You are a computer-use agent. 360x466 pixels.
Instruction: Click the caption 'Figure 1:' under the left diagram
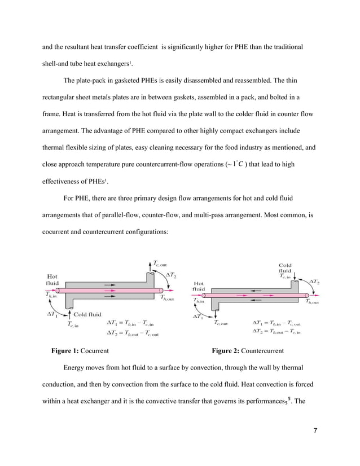pos(65,351)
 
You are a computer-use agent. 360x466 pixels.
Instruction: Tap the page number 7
pos(315,432)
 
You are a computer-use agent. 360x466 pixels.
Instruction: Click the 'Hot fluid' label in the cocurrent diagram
pos(55,280)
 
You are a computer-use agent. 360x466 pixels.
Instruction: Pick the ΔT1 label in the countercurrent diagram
pos(199,317)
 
